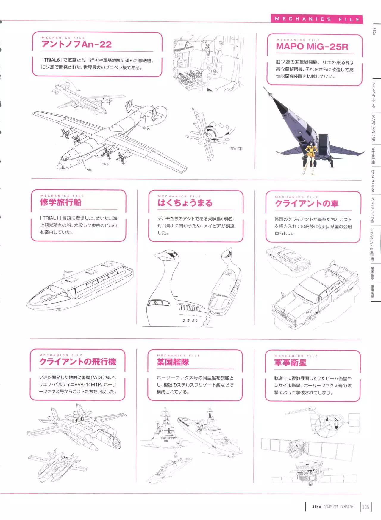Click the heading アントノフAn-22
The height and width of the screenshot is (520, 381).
coord(76,45)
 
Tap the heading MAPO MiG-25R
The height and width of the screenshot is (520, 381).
coord(312,47)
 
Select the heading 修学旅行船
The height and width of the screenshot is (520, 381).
coord(60,202)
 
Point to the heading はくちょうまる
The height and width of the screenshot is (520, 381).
coord(185,203)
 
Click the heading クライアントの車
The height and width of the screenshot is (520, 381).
coord(307,204)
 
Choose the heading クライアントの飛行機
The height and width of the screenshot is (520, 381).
coord(78,362)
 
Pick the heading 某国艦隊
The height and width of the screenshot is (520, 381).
coord(173,362)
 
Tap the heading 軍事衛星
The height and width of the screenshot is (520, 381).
coord(290,363)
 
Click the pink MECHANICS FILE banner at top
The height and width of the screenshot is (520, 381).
coord(317,19)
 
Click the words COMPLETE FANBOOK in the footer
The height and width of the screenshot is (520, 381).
coord(338,507)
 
